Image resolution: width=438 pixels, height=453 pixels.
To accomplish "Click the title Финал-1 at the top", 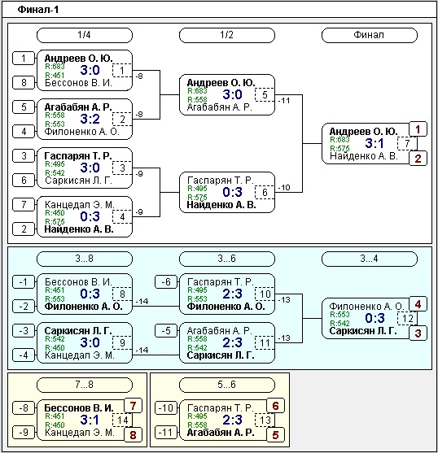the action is (38, 10).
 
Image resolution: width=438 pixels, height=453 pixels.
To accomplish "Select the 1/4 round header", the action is (85, 35).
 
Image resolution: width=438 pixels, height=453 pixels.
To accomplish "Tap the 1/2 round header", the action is (227, 35).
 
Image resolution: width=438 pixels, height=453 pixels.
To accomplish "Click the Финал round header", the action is (370, 35).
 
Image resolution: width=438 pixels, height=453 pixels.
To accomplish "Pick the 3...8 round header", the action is (85, 259).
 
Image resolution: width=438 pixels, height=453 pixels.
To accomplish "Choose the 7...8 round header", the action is (85, 385).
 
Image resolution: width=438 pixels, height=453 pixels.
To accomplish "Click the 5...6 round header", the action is (227, 385).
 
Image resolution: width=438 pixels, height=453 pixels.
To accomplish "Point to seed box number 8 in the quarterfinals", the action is (24, 83).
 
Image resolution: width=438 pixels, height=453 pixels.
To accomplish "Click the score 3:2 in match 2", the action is (90, 119).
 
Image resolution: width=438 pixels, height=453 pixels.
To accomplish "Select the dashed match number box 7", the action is (407, 144).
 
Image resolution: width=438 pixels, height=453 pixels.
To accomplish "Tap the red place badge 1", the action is (418, 129).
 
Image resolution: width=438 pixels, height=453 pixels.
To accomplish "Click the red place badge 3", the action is (418, 333).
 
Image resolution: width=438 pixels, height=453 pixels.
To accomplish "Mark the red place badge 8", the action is (133, 435).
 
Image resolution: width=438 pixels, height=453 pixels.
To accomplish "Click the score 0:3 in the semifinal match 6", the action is (233, 193).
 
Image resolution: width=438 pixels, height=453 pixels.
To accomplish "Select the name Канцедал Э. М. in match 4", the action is (80, 205).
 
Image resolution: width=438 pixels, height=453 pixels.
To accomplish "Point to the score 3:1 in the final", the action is (374, 144).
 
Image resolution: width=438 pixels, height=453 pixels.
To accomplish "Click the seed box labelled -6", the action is (166, 282).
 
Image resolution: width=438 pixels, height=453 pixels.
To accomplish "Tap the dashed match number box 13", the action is (265, 420).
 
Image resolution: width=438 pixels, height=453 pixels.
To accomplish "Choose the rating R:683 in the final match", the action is (340, 140).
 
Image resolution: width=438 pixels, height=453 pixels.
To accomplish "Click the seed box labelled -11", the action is (166, 433).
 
